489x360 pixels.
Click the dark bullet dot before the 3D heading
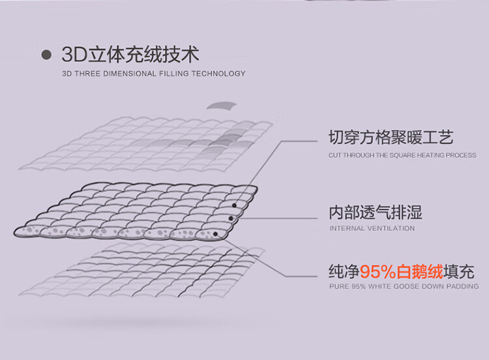46,55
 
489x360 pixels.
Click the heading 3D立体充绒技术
130,54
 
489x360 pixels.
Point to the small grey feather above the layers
222,105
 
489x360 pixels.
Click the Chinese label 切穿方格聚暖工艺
391,138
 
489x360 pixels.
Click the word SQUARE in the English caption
406,155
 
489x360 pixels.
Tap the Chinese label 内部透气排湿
375,212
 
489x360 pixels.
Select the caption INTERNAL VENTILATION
372,228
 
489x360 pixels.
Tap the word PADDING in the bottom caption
463,286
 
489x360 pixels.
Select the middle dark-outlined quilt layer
130,209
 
